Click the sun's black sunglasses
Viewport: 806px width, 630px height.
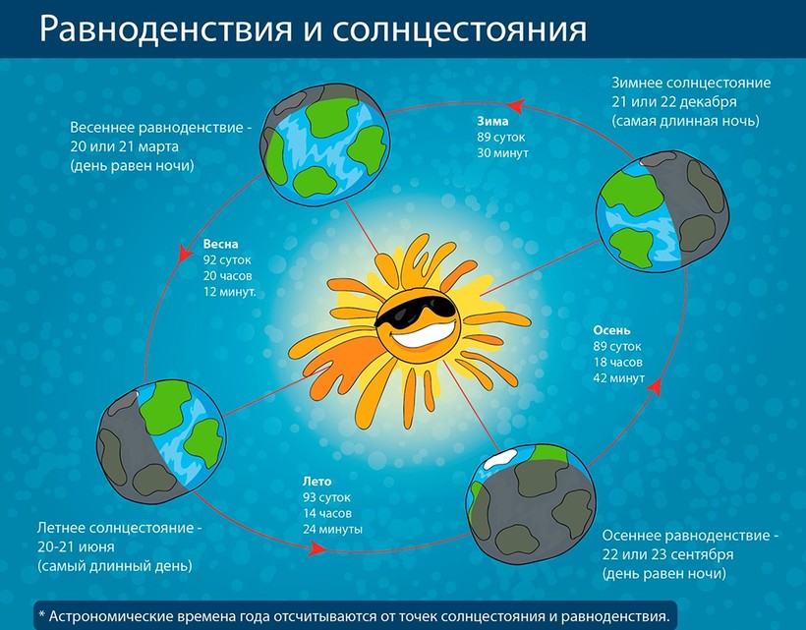415,311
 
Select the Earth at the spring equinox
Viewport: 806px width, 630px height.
324,143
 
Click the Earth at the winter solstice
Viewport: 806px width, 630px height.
662,211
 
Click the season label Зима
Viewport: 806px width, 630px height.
492,121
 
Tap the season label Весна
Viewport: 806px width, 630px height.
220,244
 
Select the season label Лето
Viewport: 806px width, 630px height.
317,482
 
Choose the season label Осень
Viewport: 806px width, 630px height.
611,330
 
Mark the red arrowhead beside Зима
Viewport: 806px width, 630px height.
516,106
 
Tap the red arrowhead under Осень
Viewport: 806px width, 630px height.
654,386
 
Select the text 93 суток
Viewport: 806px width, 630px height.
326,497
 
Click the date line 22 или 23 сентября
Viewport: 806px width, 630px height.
667,554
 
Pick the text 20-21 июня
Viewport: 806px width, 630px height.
76,546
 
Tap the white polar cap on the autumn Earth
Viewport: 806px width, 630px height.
500,459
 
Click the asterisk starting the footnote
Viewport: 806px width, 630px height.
42,615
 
